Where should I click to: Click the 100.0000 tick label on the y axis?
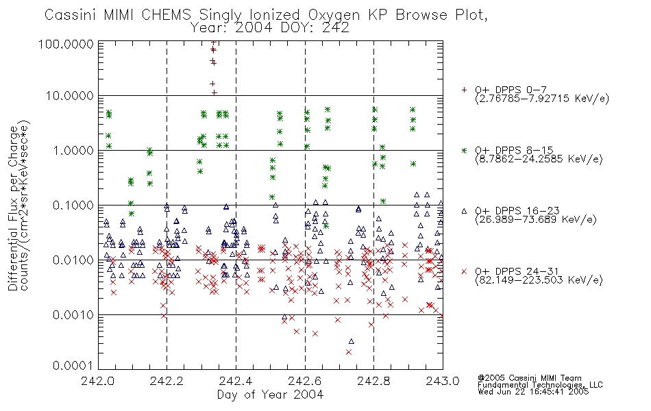[66, 44]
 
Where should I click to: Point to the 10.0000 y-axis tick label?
[70, 96]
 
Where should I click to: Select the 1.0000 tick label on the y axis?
[73, 150]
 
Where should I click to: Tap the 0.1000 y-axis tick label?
[73, 205]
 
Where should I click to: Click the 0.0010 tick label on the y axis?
[73, 314]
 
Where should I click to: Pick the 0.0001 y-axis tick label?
[73, 366]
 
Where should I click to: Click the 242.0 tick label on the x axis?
[98, 381]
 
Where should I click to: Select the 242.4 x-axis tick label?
[236, 381]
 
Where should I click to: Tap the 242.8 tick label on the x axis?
[373, 381]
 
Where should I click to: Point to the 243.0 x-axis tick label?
[443, 381]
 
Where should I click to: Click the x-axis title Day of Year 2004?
[270, 395]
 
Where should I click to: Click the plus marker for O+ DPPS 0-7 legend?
[464, 90]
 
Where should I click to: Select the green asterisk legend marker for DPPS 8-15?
[464, 150]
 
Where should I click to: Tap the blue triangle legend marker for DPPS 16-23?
[464, 211]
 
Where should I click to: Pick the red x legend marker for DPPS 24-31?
[464, 271]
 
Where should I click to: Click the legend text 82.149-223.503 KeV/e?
[539, 280]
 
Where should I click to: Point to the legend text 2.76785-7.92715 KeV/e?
[542, 99]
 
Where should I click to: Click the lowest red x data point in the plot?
[349, 352]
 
